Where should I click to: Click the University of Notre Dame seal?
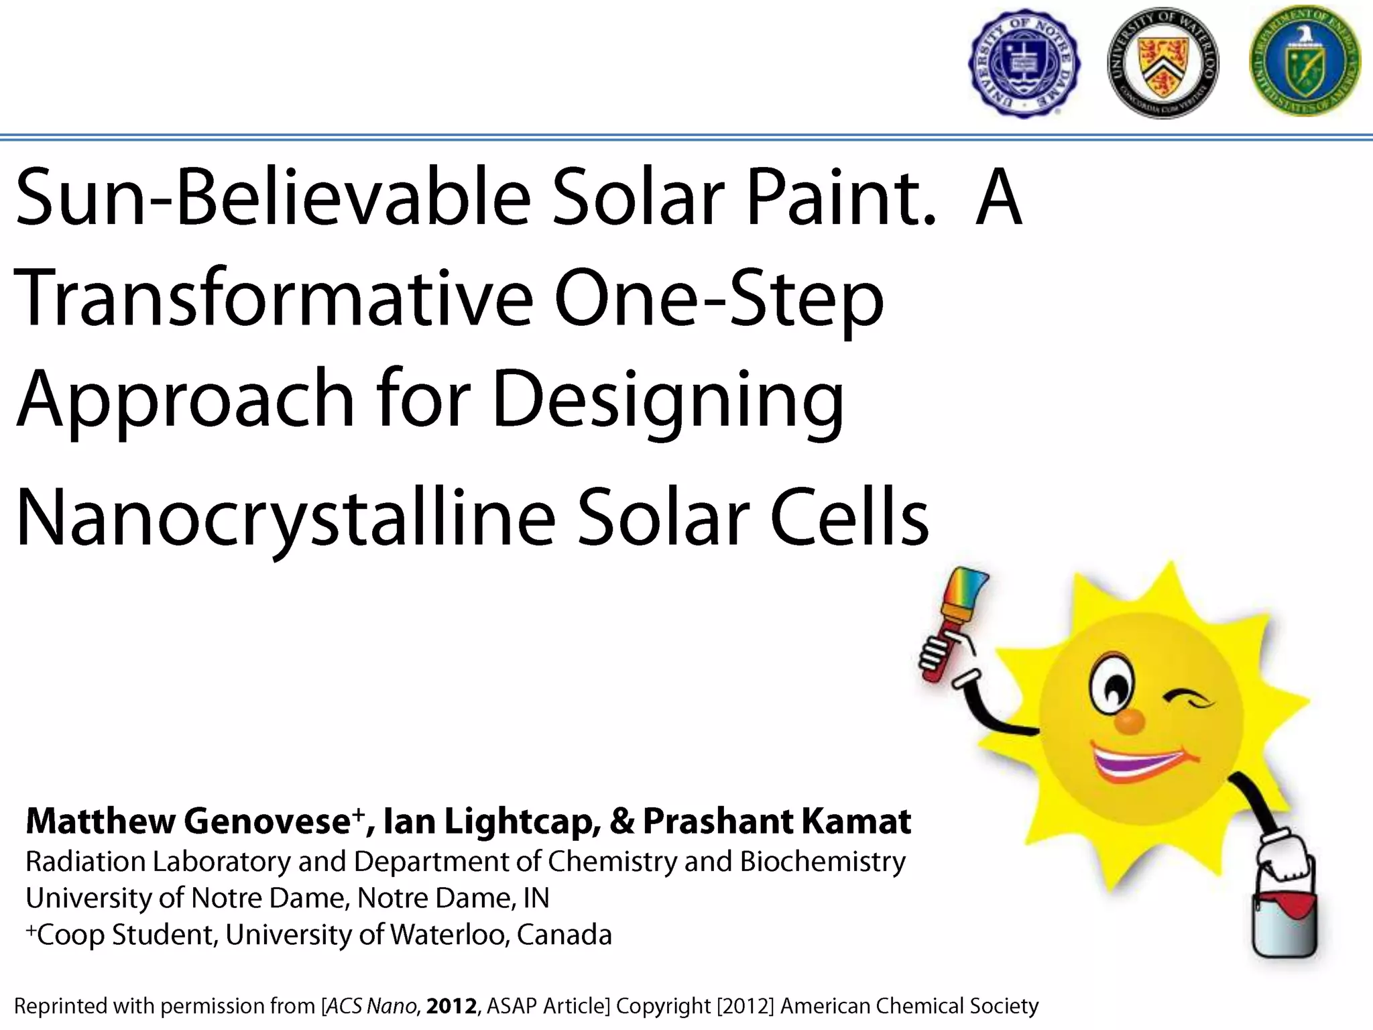(x=1023, y=64)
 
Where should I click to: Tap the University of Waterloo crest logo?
(x=1163, y=64)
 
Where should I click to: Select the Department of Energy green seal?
(x=1304, y=62)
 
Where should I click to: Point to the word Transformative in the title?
(x=272, y=298)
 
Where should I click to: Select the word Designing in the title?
(x=667, y=400)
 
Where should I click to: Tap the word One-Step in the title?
(x=717, y=298)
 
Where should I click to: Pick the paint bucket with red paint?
(x=1284, y=919)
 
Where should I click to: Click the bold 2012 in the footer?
(x=451, y=1006)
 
